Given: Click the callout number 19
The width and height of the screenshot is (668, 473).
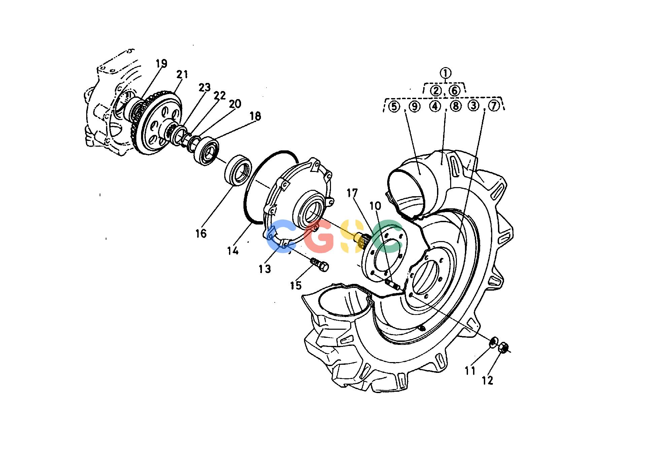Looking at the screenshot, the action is point(161,63).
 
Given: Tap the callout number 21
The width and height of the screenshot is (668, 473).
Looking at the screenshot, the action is point(182,75).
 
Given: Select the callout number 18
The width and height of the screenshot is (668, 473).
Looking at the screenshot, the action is point(255,116).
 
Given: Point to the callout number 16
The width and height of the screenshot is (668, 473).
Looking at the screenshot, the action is point(201,233).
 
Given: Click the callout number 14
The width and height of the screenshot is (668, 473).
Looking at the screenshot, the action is point(233,250).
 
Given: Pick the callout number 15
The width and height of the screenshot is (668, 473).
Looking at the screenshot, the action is point(296,286).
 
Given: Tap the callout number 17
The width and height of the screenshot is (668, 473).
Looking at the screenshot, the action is point(353,193).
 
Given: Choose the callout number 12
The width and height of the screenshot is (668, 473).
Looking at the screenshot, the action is point(488,380).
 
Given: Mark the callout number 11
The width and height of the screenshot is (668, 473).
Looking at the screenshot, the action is point(470,371).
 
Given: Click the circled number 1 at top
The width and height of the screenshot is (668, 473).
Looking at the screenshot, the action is point(445,73).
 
